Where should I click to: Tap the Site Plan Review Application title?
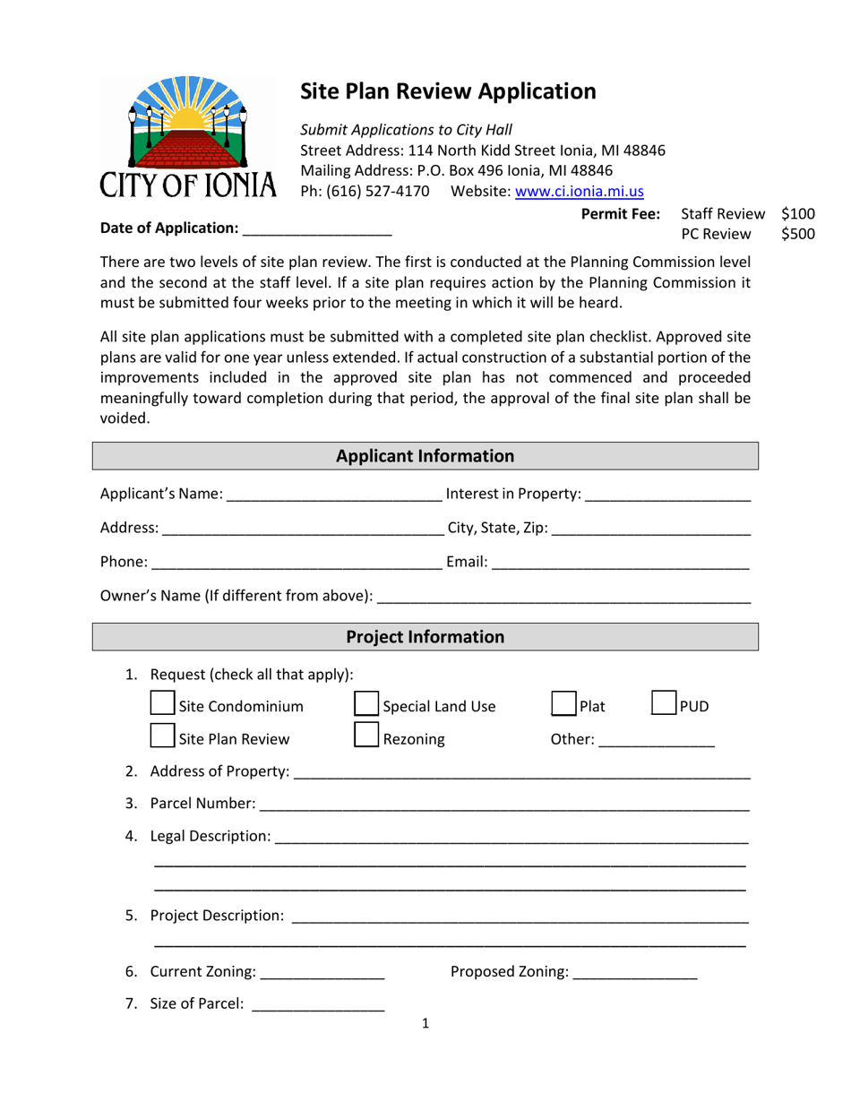pos(447,90)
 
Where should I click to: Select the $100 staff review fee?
pos(797,214)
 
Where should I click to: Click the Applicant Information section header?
pos(425,456)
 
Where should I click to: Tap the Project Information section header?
pos(425,637)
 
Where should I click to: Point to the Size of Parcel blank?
pos(318,1004)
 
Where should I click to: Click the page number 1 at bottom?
pos(425,1023)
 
